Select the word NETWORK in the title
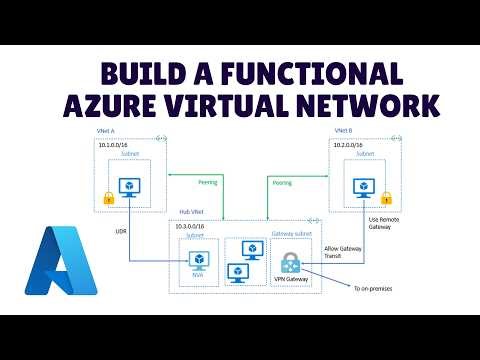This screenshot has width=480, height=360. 364,105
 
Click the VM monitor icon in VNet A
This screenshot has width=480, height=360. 128,187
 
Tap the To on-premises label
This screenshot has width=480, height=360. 373,289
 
